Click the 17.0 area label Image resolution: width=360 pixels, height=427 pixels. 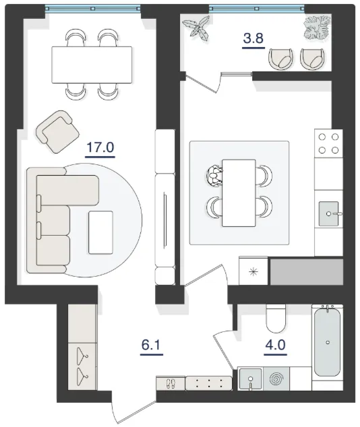coord(100,147)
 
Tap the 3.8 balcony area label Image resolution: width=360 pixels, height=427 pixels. coord(253,38)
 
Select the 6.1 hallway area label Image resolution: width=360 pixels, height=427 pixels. coord(152,345)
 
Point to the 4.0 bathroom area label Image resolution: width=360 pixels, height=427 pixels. coord(275,345)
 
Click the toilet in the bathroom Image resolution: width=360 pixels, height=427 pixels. coord(276,319)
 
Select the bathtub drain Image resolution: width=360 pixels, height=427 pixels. coord(328,342)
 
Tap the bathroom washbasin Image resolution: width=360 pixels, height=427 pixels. coord(250,379)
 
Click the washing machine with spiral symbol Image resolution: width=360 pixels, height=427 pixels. coord(276,379)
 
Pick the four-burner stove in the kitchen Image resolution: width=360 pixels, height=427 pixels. coord(328,143)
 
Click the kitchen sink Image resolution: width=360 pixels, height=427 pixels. coord(329,213)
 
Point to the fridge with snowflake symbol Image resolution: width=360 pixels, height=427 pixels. coord(253,271)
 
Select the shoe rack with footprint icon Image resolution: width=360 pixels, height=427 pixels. coord(171,383)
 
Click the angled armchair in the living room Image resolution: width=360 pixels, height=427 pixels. coord(57,131)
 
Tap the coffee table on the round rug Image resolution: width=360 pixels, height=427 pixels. coord(100,232)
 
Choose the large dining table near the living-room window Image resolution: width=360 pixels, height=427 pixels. coord(92,65)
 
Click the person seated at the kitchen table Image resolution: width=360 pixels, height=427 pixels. coord(214,176)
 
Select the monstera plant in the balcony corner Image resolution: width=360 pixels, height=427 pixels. coord(318,27)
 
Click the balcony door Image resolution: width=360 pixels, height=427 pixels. coord(202,83)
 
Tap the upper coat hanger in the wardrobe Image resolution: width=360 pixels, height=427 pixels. coord(82,356)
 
